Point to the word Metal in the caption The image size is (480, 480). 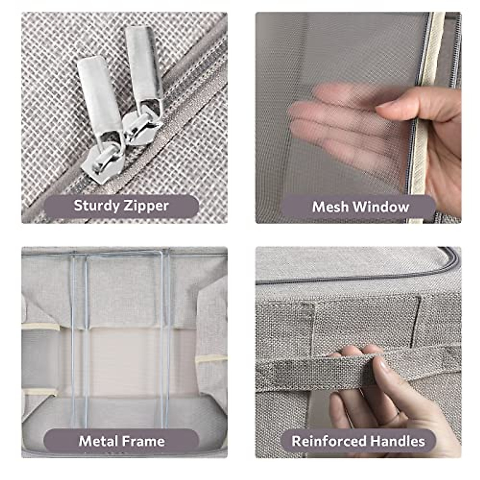click(x=97, y=441)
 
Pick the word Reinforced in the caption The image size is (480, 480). click(x=329, y=441)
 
